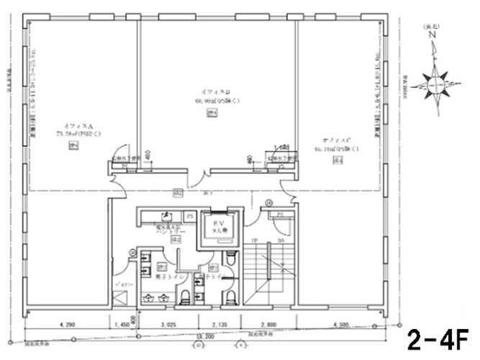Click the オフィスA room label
(x=76, y=126)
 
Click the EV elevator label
(x=216, y=224)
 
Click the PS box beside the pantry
(x=189, y=215)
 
